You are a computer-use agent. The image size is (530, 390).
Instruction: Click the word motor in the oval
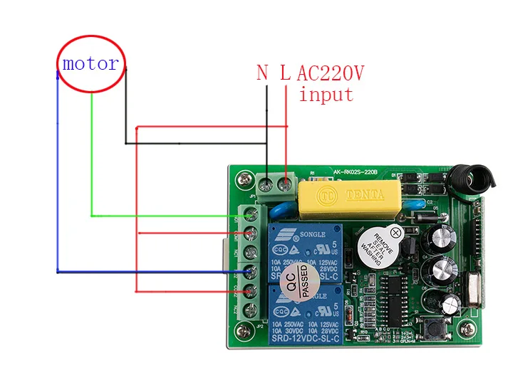click(x=90, y=63)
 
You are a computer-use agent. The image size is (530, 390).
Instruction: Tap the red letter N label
click(x=262, y=73)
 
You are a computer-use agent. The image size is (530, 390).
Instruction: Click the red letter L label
click(x=285, y=73)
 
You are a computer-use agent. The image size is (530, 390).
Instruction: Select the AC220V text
click(x=330, y=73)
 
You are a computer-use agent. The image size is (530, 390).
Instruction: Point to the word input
click(x=326, y=94)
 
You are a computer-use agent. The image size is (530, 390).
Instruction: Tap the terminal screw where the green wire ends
click(x=251, y=214)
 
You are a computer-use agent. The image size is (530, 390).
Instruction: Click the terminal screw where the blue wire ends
click(x=250, y=271)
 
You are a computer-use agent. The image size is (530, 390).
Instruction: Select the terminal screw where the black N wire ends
click(x=267, y=186)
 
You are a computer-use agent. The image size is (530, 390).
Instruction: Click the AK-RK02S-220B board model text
click(x=360, y=172)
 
